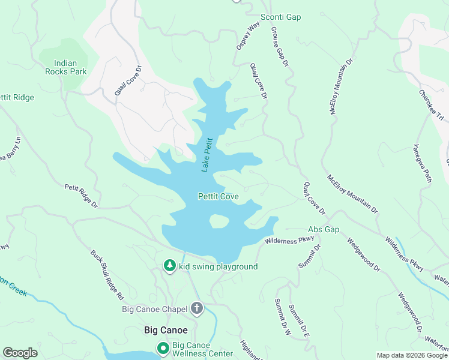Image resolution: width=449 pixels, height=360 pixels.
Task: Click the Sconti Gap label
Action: [x=280, y=17]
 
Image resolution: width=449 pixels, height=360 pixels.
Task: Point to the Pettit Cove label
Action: [x=218, y=196]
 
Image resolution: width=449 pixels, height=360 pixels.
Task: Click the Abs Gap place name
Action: [x=324, y=230]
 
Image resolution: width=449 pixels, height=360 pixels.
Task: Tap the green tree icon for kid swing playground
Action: [x=170, y=266]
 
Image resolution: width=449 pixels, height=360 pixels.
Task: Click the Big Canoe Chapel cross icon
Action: [x=197, y=309]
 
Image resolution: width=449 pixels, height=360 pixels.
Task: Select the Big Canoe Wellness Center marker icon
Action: [x=163, y=348]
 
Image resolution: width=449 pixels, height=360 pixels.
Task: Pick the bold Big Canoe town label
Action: [x=166, y=330]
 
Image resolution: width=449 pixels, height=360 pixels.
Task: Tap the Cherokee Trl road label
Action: [x=431, y=103]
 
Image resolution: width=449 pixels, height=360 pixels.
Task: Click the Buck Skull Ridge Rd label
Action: [x=107, y=275]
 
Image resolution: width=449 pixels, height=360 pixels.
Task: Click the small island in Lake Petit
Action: [x=219, y=221]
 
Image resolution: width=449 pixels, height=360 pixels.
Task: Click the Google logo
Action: [x=20, y=353]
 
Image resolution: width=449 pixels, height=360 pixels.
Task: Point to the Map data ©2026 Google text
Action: [x=411, y=355]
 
